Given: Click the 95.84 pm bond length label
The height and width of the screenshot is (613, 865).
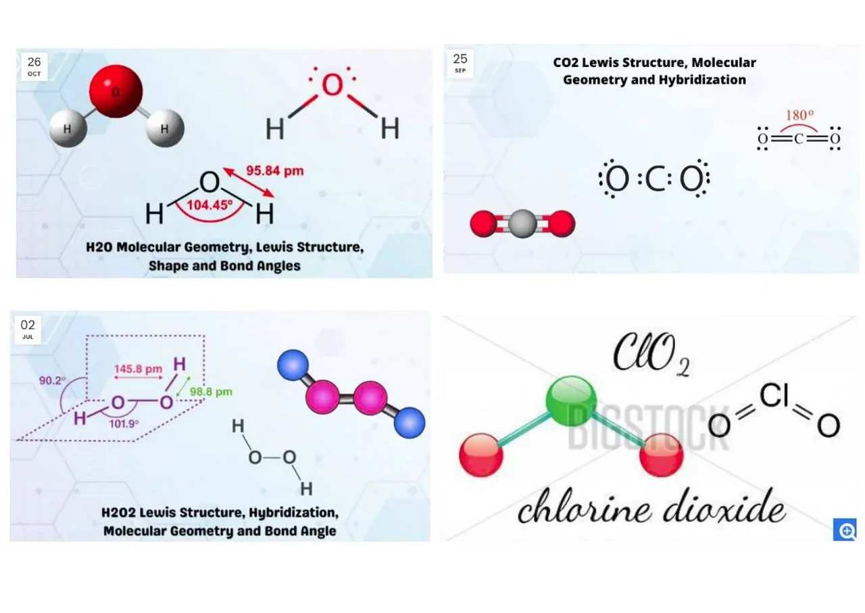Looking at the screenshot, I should [274, 171].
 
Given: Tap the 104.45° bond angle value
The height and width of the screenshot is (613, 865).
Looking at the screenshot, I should [209, 205].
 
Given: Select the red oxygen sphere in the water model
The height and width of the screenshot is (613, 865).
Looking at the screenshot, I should [116, 91].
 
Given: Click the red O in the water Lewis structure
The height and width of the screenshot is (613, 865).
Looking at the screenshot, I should [332, 86].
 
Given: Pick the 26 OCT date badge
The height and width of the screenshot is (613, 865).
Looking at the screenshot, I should [34, 66].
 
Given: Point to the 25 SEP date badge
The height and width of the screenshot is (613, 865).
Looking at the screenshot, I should [460, 63].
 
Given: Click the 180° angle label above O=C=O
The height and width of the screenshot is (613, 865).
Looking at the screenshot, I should [799, 116].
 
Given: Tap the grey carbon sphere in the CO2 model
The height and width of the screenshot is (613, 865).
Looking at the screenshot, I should [522, 223].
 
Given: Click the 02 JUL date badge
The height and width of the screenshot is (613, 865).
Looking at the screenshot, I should [28, 329].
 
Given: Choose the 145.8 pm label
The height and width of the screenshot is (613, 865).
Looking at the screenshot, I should [138, 369].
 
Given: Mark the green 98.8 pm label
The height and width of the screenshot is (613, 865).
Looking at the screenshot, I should [211, 392].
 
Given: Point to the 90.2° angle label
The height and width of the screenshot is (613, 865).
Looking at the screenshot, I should [52, 381].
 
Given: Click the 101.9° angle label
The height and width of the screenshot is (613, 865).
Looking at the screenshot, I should [124, 424].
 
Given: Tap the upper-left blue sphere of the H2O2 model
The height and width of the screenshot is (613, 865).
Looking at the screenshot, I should [293, 365].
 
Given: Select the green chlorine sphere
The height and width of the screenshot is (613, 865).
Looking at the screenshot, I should [570, 400].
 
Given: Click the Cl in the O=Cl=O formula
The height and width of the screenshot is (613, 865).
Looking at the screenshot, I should [773, 396].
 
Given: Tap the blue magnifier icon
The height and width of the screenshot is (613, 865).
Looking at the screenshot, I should [845, 530].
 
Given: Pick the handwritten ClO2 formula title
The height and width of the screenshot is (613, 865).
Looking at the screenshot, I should [650, 355].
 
